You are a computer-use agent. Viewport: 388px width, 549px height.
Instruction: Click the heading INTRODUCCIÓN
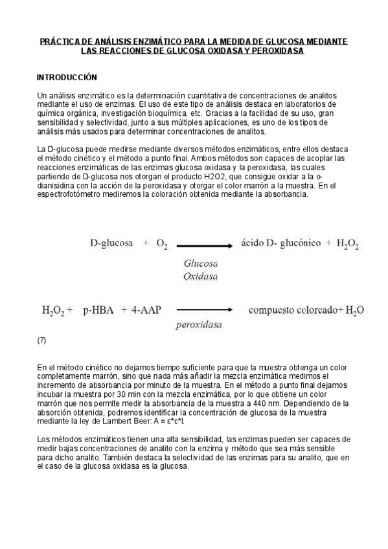67,77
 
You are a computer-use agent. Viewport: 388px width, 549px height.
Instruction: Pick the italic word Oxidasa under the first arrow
201,276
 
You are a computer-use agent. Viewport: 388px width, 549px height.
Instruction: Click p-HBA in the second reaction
98,310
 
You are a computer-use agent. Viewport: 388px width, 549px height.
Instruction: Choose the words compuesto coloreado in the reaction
293,310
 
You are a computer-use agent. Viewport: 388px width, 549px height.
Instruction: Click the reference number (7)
42,340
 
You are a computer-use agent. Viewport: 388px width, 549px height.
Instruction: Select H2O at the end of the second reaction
354,311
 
